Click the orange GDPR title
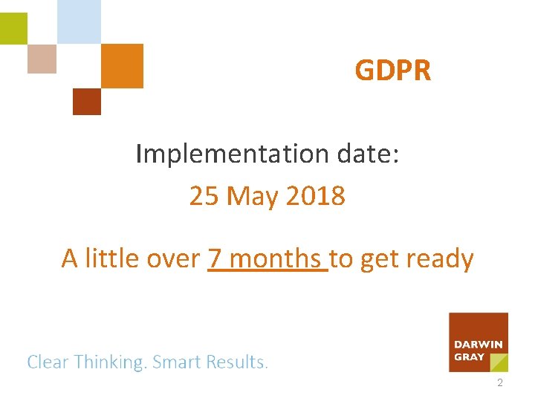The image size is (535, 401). [392, 71]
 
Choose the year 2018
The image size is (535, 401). [315, 197]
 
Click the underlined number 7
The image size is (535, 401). [215, 258]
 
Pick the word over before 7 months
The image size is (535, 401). [175, 258]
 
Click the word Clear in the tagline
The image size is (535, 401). [48, 362]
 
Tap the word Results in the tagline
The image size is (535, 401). [236, 362]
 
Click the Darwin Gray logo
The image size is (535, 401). [479, 342]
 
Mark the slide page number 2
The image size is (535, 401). [499, 384]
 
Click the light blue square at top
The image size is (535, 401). [79, 22]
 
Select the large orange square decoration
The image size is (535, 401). [121, 65]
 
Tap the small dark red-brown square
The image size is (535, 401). [86, 102]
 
